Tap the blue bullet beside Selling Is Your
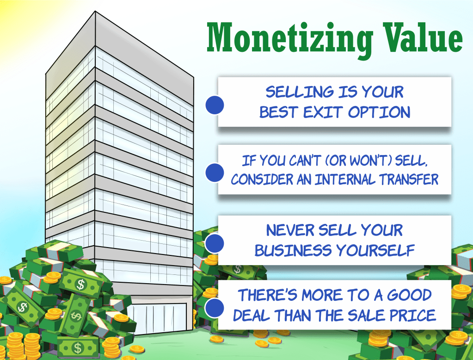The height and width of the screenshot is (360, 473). coord(215,105)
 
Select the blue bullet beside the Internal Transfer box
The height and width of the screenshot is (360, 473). coord(215,173)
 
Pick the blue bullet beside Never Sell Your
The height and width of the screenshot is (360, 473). coord(215,243)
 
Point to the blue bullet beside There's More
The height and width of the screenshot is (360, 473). coord(215,308)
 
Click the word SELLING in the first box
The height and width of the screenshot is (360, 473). coord(299,92)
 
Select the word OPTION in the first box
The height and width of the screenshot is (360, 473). coord(379,112)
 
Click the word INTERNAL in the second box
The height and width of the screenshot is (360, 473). coord(345,180)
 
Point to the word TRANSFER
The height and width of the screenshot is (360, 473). coord(409,180)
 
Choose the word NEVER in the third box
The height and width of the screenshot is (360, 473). coord(290,230)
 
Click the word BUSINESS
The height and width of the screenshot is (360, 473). coord(293,250)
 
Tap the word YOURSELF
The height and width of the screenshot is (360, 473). coord(375,250)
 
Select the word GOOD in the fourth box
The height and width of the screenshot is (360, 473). coord(409,295)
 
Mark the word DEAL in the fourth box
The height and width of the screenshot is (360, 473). coord(251,315)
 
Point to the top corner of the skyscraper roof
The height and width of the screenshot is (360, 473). coord(95,12)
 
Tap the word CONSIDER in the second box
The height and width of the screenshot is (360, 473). coord(262,180)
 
